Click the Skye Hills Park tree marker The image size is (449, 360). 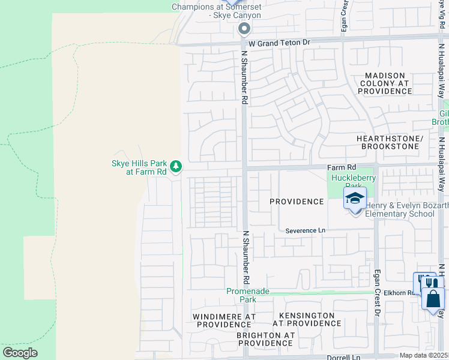175,166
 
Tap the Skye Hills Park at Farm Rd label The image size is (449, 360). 139,167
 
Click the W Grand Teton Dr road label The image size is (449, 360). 279,43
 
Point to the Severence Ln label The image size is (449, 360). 305,230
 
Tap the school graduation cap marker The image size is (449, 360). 355,199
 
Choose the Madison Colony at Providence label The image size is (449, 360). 385,83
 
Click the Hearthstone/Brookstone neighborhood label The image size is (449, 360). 390,142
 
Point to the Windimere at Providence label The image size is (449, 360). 224,320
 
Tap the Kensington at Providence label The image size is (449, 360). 307,319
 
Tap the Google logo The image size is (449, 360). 20,353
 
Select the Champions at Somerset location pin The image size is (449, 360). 244,28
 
